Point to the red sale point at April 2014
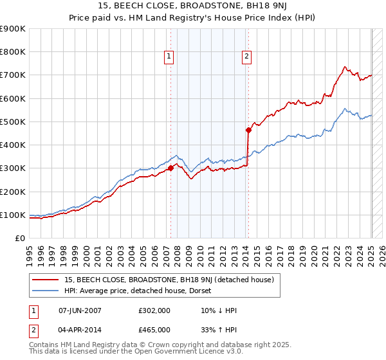[248, 130]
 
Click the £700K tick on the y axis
[14, 75]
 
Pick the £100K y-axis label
[14, 215]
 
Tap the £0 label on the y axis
[19, 238]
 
